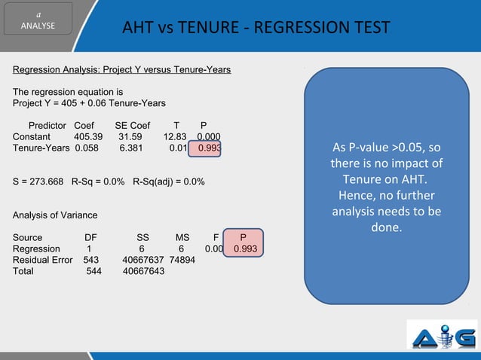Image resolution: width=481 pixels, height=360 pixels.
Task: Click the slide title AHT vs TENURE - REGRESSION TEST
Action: (x=257, y=29)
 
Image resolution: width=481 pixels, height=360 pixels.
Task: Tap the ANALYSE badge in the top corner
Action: (x=37, y=23)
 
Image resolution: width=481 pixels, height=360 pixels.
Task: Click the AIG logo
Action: (x=442, y=335)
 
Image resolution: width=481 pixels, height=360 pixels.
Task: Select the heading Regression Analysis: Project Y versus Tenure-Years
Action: (x=121, y=70)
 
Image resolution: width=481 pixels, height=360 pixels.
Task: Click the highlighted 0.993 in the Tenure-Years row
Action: (x=209, y=148)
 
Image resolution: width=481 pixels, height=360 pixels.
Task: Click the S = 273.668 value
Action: (x=38, y=182)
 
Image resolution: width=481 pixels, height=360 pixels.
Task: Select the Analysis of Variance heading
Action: (x=54, y=215)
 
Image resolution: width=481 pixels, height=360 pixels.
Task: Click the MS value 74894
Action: (x=182, y=260)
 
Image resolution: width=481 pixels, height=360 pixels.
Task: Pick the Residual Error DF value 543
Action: (x=90, y=260)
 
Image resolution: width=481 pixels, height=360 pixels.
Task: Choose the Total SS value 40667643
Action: (x=143, y=271)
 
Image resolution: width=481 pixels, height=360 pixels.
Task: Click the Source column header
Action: (x=28, y=237)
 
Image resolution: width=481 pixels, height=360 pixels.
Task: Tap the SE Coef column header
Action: (x=132, y=125)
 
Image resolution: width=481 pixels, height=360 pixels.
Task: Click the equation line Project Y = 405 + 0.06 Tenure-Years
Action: (x=89, y=103)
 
